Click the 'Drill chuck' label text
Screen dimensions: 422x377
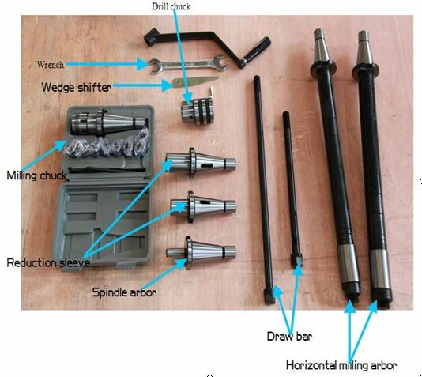click(171, 6)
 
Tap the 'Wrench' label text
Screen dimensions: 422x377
click(51, 65)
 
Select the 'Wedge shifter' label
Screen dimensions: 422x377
click(76, 87)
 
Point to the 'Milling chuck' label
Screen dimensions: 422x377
click(37, 175)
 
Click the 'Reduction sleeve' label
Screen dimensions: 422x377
click(48, 262)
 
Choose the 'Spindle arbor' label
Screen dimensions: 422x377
click(124, 292)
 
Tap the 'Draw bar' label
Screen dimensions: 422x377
click(289, 337)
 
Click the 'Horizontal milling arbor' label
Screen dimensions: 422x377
click(341, 365)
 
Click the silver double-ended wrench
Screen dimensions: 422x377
click(188, 65)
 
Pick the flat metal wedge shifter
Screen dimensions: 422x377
click(195, 81)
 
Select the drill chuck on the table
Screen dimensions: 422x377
click(198, 111)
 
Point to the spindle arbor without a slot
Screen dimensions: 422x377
click(201, 253)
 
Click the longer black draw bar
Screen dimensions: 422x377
click(263, 190)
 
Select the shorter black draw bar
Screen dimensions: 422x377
click(292, 189)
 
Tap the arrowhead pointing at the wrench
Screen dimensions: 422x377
click(142, 64)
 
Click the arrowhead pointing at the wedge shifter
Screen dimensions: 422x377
click(167, 85)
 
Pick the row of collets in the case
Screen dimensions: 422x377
click(107, 145)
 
